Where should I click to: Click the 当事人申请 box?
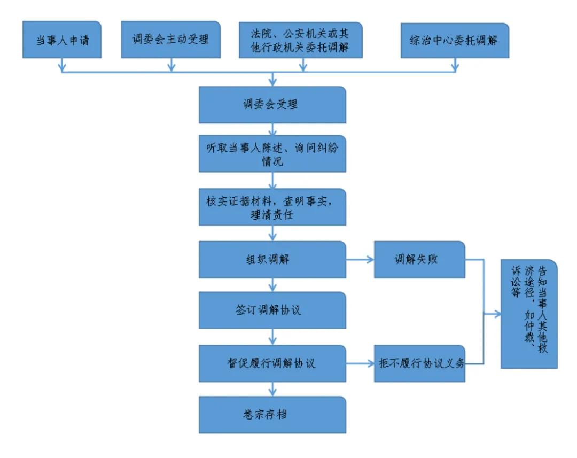[x=62, y=40]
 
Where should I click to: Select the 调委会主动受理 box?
[x=171, y=40]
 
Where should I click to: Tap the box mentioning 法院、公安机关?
[x=300, y=40]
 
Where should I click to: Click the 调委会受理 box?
[x=272, y=105]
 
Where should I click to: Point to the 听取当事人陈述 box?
[x=272, y=156]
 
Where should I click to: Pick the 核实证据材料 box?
[x=272, y=206]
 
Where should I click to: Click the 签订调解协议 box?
[x=272, y=310]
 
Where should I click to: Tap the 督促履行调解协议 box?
[x=272, y=364]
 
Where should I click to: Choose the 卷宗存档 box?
[x=272, y=414]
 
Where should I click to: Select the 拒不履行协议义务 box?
[x=419, y=364]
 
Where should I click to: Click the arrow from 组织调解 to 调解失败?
[x=361, y=260]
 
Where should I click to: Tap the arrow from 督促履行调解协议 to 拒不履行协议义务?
[x=361, y=364]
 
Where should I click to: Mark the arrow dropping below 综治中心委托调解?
[x=455, y=64]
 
